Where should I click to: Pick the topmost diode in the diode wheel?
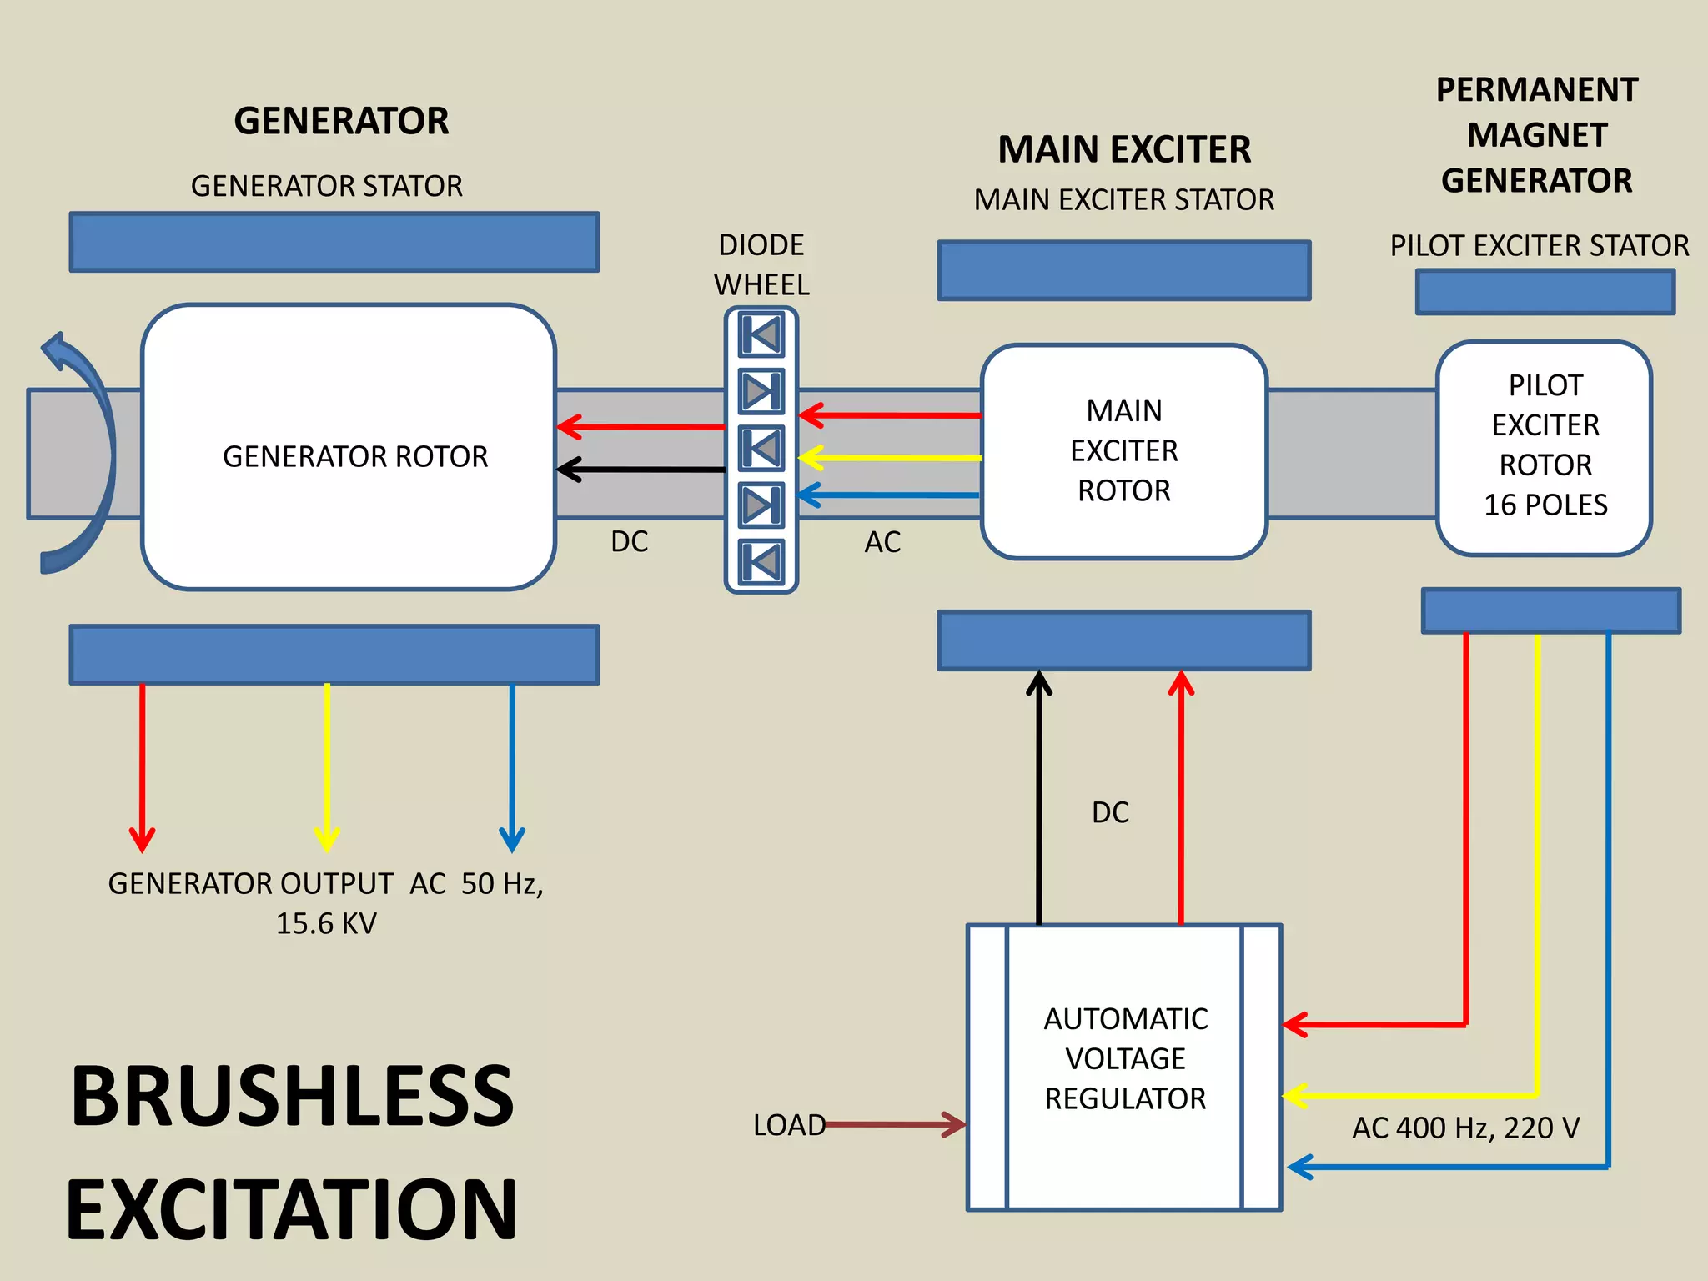click(761, 335)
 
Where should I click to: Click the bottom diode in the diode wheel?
click(761, 560)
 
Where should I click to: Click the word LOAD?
click(788, 1125)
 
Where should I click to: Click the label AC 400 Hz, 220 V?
click(1465, 1128)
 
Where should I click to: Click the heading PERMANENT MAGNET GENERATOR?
click(1536, 135)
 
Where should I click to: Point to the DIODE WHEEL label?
click(761, 264)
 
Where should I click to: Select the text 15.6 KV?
click(326, 923)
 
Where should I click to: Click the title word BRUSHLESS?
click(292, 1097)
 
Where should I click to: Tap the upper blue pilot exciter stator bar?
click(1545, 292)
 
